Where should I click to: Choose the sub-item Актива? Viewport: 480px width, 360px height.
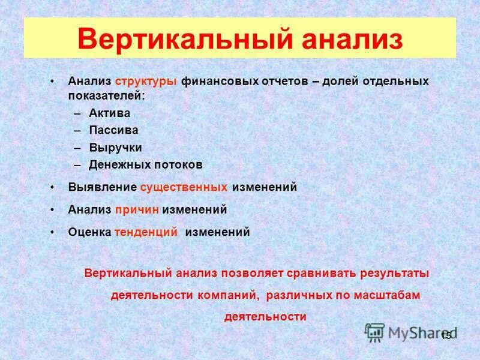pos(110,113)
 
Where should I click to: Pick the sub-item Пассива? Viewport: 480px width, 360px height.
pos(113,130)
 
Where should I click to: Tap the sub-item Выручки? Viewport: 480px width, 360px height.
pos(116,147)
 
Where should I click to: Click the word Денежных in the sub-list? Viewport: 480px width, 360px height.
pos(116,164)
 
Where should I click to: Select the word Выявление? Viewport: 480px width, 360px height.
pos(101,187)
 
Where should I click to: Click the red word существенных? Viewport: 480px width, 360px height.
pos(184,187)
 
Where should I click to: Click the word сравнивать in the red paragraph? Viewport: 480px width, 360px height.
pos(321,273)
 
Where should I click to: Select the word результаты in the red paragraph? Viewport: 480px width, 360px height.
pos(394,273)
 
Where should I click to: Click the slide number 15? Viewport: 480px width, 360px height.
pos(446,336)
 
